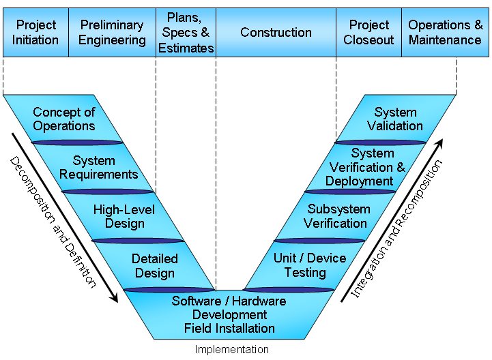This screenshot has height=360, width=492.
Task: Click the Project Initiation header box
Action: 35,32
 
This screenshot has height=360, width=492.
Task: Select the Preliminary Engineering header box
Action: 112,32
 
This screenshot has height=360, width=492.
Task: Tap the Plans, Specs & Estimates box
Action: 186,32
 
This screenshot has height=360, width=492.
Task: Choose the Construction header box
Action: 276,32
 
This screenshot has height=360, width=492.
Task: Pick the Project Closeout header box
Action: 368,32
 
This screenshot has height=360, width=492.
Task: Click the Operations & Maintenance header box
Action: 445,32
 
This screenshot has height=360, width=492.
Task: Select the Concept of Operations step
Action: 64,119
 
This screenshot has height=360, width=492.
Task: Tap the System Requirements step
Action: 94,168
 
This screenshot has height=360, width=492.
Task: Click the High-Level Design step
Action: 124,216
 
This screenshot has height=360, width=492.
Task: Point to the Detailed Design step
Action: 154,266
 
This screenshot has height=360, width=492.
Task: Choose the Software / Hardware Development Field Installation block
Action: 229,314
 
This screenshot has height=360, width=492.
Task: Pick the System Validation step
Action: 395,119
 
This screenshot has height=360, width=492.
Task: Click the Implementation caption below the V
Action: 231,350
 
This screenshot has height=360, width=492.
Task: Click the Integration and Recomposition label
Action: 396,228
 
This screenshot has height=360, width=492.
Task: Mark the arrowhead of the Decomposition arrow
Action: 114,297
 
